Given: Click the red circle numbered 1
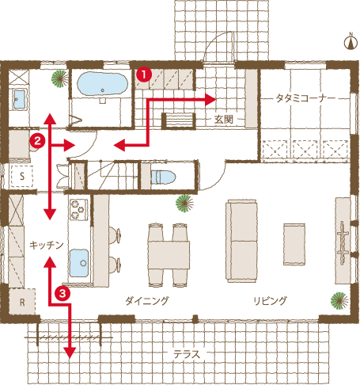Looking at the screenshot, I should (143, 72).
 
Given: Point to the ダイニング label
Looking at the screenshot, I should (147, 302).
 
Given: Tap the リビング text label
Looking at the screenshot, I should (270, 302).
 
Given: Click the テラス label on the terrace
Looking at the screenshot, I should (186, 354).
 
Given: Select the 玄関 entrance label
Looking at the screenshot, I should (224, 120).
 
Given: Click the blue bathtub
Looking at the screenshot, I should (101, 83).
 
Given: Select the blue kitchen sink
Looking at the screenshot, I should (79, 262).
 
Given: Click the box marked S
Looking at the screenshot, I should (22, 175).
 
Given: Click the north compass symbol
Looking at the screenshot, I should (347, 43).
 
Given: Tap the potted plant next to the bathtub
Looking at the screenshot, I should (58, 78).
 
